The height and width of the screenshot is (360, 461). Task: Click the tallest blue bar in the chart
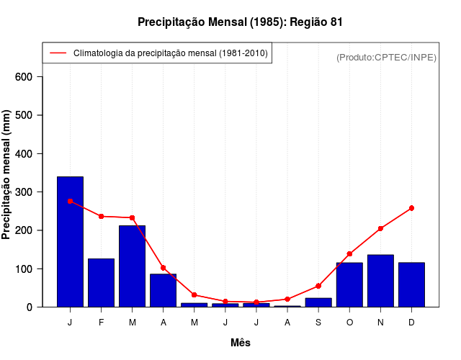pos(70,241)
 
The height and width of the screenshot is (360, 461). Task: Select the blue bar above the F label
pos(101,282)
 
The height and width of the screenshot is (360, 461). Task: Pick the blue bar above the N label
pos(380,281)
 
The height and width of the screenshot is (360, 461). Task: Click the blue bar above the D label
pos(411,284)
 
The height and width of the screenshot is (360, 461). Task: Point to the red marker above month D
pos(411,208)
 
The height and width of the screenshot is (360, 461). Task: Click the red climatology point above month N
pos(380,228)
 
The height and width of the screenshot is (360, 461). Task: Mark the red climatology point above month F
pos(101,216)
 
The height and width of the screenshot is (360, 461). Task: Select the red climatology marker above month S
pos(318,286)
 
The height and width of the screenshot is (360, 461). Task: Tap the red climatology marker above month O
pos(349,253)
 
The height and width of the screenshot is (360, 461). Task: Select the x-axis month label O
pos(349,323)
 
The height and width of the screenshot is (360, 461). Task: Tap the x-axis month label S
pos(318,323)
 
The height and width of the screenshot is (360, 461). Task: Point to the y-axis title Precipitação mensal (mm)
pos(7,175)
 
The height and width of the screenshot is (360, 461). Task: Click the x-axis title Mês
pos(241,343)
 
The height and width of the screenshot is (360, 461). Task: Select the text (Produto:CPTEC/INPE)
pos(386,57)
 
